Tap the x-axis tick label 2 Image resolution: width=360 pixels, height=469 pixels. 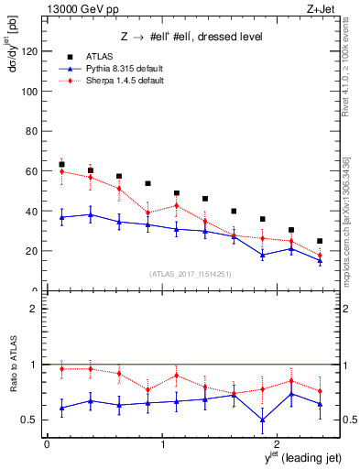279,444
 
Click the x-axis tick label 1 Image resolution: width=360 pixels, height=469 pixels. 163,444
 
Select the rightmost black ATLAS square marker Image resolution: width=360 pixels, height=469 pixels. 320,241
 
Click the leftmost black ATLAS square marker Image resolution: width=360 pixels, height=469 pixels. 61,165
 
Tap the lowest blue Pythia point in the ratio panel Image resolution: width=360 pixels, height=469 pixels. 262,420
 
